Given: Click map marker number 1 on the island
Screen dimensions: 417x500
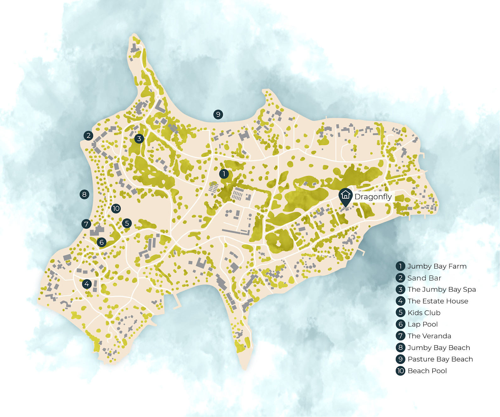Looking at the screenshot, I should click(x=224, y=174).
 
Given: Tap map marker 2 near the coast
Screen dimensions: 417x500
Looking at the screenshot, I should click(x=88, y=136).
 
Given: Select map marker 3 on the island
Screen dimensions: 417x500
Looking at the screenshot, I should click(x=139, y=138).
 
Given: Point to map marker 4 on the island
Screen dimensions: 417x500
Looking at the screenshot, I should click(x=87, y=284).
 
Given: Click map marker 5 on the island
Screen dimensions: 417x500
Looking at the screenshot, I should click(x=127, y=223).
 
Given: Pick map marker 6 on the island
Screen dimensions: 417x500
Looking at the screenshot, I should click(x=101, y=242).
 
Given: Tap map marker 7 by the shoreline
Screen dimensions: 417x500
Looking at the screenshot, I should click(x=86, y=224).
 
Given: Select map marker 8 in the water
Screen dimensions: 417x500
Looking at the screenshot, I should click(x=84, y=194).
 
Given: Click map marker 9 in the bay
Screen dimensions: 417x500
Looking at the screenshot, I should click(x=218, y=114).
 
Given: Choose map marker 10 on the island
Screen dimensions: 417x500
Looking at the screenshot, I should click(x=116, y=208).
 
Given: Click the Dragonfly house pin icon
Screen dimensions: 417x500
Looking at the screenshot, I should click(x=345, y=196).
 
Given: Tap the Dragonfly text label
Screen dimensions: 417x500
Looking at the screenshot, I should click(x=373, y=197).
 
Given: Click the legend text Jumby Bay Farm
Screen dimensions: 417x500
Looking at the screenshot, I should click(x=437, y=266).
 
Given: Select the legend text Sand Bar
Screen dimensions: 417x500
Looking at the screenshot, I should click(x=424, y=278).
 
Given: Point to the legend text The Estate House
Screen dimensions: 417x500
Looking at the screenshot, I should click(x=438, y=301).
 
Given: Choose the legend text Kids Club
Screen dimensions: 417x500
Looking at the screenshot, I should click(x=424, y=313).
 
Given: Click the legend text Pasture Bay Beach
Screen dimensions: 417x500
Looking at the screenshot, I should click(x=440, y=359).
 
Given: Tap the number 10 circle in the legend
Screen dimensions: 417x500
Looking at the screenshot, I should click(x=400, y=371).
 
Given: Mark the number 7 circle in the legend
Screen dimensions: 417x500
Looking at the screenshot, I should click(x=400, y=336).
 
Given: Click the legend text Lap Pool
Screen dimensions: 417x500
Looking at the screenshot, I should click(x=422, y=324).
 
